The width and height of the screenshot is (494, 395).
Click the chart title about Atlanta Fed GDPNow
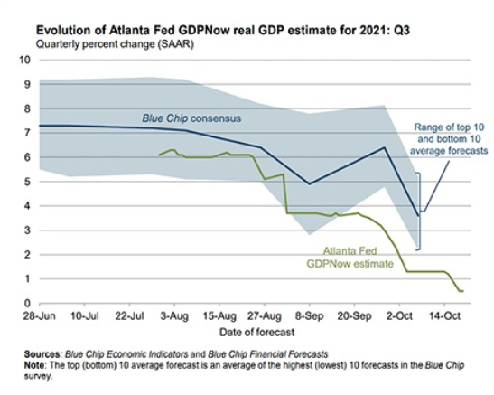pyautogui.click(x=223, y=31)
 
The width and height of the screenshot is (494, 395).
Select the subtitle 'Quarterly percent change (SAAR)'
pyautogui.click(x=115, y=43)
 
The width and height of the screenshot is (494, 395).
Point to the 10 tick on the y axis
pyautogui.click(x=25, y=60)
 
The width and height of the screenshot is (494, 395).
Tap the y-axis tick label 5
pyautogui.click(x=27, y=182)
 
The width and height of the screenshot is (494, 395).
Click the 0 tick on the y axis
pyautogui.click(x=27, y=304)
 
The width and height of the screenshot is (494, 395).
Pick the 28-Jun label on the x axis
pyautogui.click(x=40, y=315)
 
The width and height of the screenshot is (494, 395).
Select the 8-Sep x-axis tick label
pyautogui.click(x=310, y=315)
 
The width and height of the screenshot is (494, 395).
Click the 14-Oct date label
pyautogui.click(x=444, y=315)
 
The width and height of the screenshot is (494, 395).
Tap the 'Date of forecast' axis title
pyautogui.click(x=256, y=332)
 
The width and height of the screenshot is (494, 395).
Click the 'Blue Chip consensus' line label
pyautogui.click(x=191, y=118)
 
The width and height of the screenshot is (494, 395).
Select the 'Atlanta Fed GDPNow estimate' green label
pyautogui.click(x=350, y=257)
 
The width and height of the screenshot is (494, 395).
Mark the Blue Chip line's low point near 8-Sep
pyautogui.click(x=310, y=184)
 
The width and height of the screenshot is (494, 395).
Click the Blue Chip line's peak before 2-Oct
pyautogui.click(x=384, y=147)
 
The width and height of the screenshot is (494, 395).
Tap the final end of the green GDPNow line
pyautogui.click(x=463, y=291)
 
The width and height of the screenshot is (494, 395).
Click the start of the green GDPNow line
pyautogui.click(x=159, y=155)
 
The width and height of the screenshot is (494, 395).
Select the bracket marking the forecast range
pyautogui.click(x=420, y=212)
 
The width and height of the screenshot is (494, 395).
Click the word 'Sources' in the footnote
pyautogui.click(x=42, y=354)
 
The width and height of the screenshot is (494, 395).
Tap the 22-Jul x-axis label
pyautogui.click(x=129, y=315)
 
